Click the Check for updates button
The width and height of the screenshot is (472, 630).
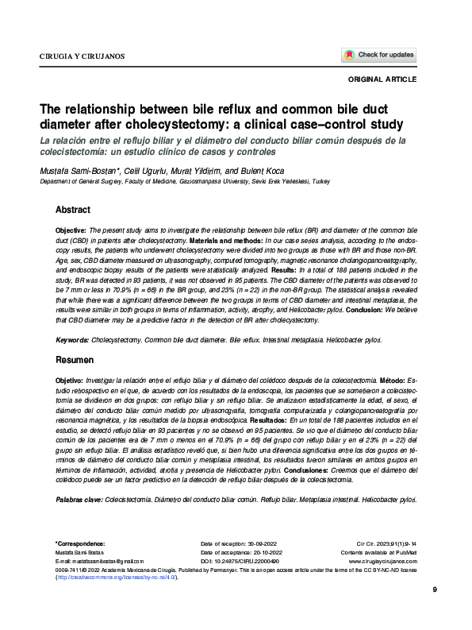[x=379, y=56]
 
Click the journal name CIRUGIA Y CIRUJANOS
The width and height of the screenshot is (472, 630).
[x=82, y=57]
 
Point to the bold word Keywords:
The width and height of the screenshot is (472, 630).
[x=72, y=339]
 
